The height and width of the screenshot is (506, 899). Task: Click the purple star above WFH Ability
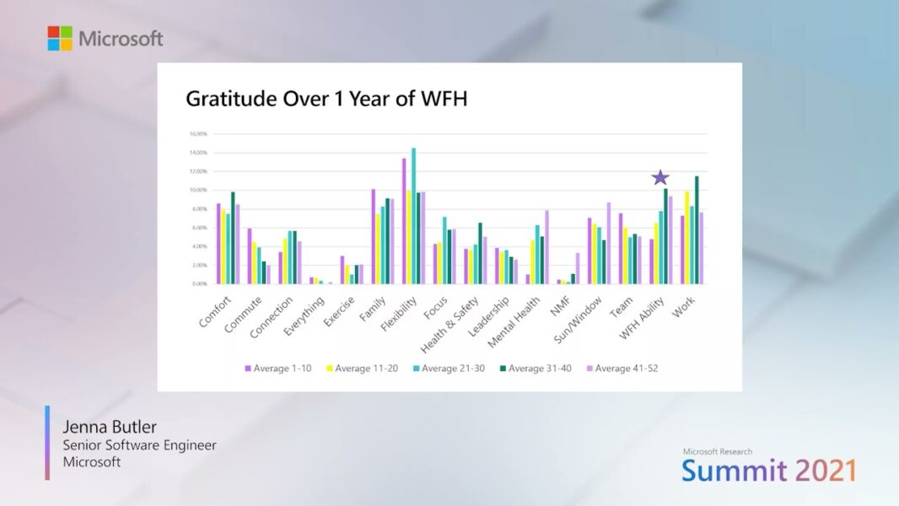point(660,177)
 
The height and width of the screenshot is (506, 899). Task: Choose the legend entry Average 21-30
point(450,369)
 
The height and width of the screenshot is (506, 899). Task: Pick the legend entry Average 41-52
point(622,369)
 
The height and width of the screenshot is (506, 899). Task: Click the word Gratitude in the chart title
point(228,100)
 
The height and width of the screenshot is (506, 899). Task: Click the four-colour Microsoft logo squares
point(60,38)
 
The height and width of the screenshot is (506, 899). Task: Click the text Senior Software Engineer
point(139,444)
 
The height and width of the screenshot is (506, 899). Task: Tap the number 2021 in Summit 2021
point(825,471)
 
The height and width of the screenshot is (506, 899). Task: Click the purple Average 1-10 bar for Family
point(373,236)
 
